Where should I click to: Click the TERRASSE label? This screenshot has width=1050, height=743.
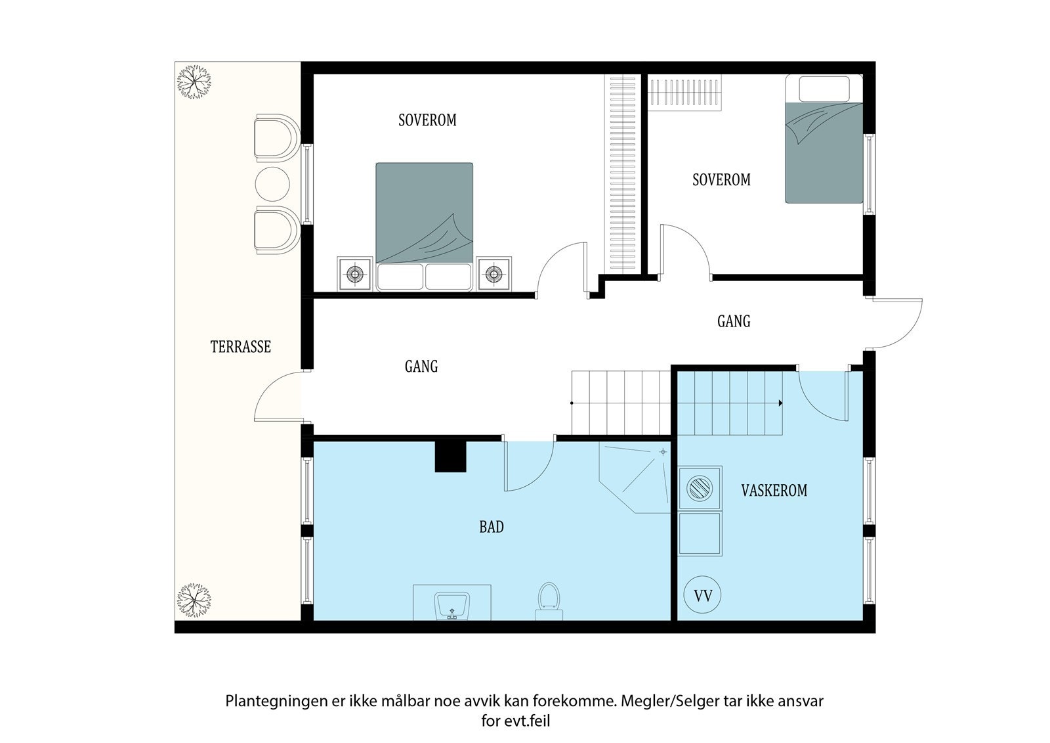point(240,347)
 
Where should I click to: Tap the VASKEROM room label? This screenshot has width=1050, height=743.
point(774,491)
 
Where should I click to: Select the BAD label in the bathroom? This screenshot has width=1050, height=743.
point(492,527)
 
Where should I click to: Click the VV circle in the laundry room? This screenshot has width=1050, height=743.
point(703,595)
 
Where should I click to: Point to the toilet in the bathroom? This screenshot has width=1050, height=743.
point(549,602)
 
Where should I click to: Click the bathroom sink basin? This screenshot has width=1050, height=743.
point(452,606)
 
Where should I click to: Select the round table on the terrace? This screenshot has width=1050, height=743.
point(272,184)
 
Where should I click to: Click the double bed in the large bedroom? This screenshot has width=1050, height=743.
point(424,227)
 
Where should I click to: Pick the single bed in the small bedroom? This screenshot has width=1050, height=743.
point(824,139)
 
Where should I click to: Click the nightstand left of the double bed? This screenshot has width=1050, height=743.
point(355,274)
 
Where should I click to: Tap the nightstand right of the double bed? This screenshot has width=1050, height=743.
point(493,274)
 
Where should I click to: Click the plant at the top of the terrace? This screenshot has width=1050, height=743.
point(194,81)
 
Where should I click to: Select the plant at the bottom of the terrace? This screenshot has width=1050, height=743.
point(194,600)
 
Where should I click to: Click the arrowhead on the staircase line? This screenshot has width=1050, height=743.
point(780,403)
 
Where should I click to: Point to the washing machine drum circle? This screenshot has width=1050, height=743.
point(700,487)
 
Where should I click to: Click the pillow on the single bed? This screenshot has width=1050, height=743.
point(824,89)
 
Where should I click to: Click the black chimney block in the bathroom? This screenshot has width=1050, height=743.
point(450,457)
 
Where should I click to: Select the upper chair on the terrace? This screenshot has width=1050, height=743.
point(276,138)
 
